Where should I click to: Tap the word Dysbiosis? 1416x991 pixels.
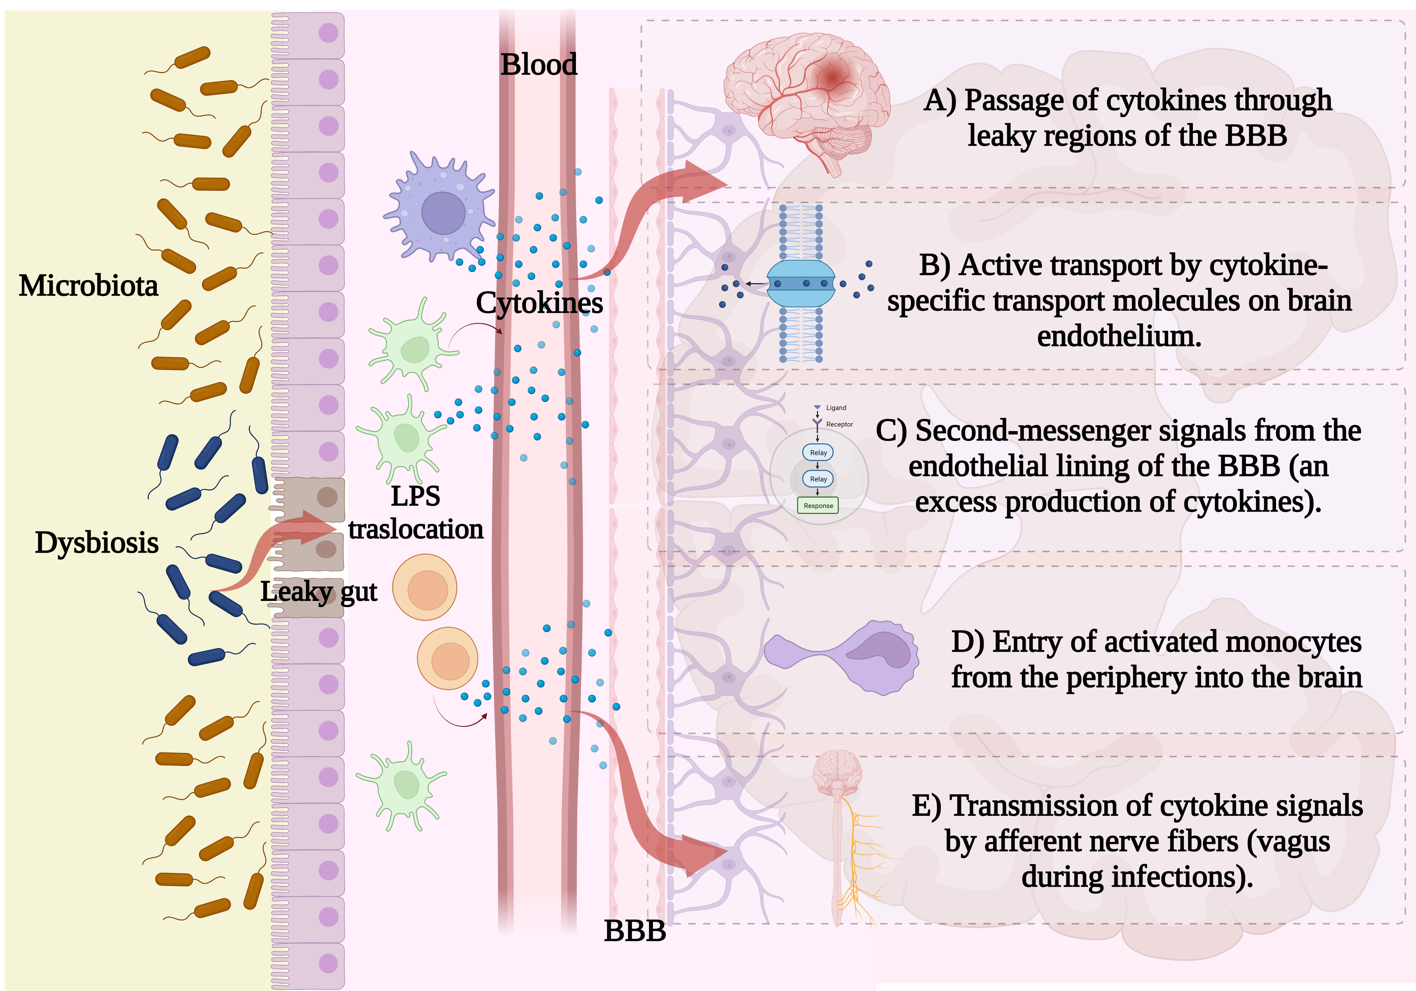[97, 543]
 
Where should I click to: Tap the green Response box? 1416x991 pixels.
[818, 506]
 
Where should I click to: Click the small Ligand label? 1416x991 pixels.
[836, 408]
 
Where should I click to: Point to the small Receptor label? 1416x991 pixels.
[839, 424]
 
